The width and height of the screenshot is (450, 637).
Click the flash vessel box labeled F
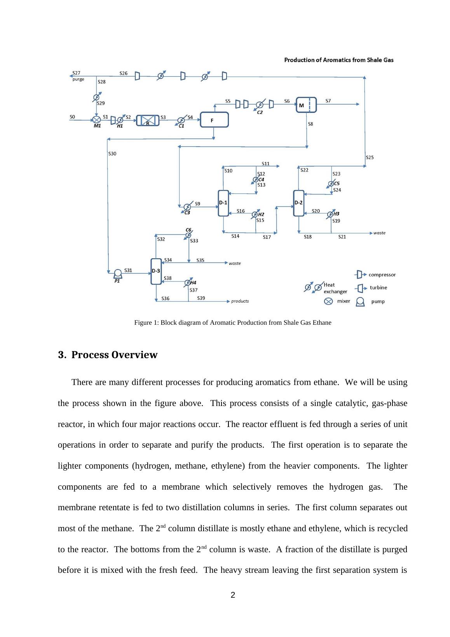[214, 120]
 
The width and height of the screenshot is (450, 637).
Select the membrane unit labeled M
[306, 105]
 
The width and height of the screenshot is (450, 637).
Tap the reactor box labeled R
[148, 121]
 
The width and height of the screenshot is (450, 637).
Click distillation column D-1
[223, 203]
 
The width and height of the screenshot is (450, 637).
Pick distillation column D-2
[298, 203]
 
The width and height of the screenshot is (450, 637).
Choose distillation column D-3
[156, 271]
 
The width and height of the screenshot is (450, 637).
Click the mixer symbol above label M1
[96, 120]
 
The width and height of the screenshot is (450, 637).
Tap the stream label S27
[77, 73]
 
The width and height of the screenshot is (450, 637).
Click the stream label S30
[112, 154]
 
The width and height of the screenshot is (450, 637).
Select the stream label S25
[370, 157]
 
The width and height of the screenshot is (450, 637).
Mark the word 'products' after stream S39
[240, 301]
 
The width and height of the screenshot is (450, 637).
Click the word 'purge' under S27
[78, 79]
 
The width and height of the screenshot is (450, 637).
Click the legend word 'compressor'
[382, 275]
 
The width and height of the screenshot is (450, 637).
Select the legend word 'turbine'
[378, 288]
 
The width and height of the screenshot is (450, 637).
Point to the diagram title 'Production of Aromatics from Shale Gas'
[339, 60]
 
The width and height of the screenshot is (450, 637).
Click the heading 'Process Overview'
[114, 355]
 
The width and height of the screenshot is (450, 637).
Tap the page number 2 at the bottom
[233, 595]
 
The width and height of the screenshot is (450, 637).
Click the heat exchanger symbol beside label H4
[188, 283]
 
